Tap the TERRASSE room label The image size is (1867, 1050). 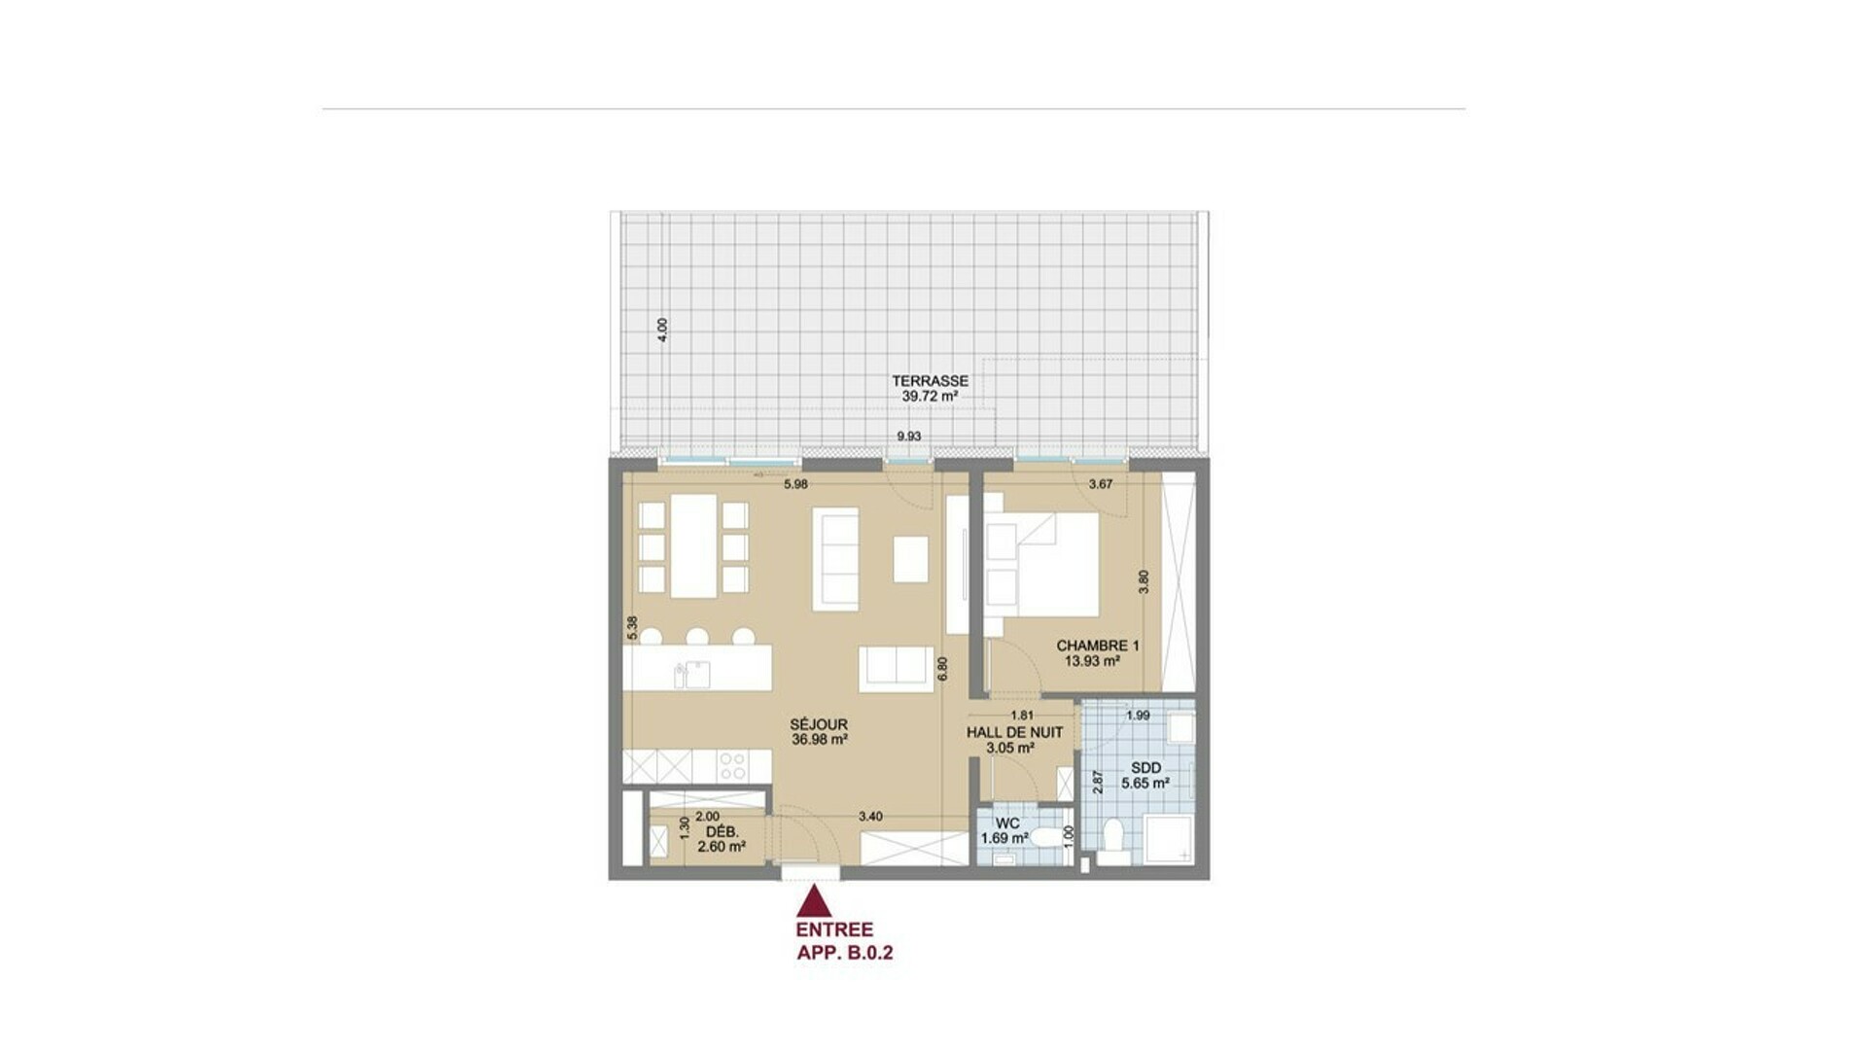(x=930, y=381)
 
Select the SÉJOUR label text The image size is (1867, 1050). (x=819, y=724)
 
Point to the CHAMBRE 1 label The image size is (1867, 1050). (x=1098, y=646)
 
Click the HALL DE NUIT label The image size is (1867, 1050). (x=1014, y=732)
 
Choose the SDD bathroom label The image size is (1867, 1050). (x=1146, y=767)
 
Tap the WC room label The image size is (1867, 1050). (x=1007, y=823)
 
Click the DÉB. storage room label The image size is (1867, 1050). (x=722, y=832)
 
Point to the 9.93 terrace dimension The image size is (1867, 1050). (x=909, y=437)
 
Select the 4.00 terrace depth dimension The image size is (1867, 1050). (x=663, y=330)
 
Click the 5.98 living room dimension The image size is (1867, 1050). (x=795, y=484)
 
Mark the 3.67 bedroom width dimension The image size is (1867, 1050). (x=1101, y=484)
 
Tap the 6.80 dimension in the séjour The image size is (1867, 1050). (x=941, y=669)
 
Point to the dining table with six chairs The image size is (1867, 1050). (x=693, y=546)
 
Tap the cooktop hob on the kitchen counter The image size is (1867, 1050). (x=731, y=765)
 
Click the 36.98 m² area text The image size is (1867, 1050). (x=820, y=740)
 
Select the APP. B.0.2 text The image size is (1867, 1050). (x=845, y=953)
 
